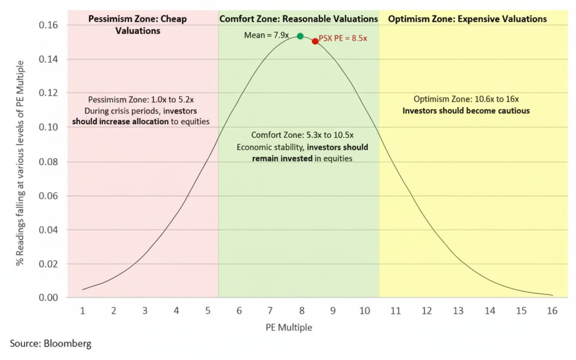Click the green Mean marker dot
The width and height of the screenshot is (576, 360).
click(300, 36)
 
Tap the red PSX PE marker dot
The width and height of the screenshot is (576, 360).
click(315, 41)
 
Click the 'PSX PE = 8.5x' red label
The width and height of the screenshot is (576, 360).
click(343, 39)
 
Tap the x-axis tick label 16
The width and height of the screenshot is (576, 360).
click(552, 311)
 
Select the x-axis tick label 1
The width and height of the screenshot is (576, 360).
click(83, 311)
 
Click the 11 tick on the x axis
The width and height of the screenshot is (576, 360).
click(395, 311)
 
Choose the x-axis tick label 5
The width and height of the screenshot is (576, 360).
click(207, 311)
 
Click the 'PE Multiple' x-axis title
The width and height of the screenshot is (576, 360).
click(288, 327)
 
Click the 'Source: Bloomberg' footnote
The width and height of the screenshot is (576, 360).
click(50, 344)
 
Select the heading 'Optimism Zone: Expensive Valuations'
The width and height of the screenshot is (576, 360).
click(467, 19)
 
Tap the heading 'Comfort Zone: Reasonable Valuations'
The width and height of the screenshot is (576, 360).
click(298, 19)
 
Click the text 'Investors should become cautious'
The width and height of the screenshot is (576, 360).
click(466, 111)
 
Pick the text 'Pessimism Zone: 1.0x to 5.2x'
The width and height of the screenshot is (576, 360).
click(140, 99)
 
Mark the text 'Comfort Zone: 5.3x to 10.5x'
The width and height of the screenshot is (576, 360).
click(302, 135)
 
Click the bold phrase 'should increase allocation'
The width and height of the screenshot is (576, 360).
click(121, 121)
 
